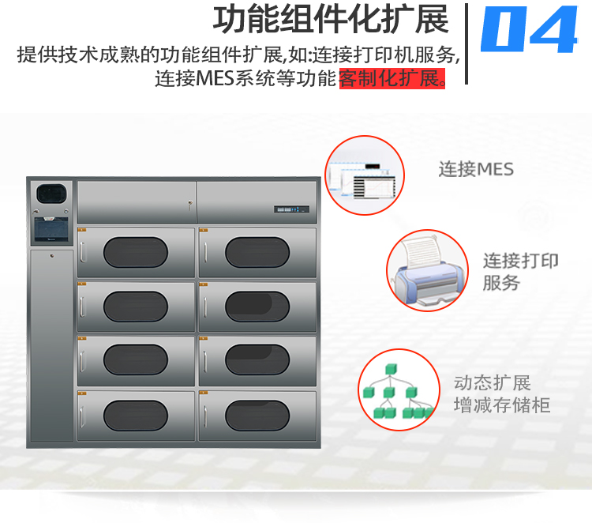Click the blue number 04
[x=530, y=28]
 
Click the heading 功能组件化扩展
[x=331, y=20]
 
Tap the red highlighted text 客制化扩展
[x=392, y=78]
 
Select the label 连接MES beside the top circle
[x=476, y=169]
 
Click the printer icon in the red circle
[x=427, y=270]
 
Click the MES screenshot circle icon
[x=365, y=175]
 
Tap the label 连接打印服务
[x=520, y=272]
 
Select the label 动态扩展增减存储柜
[x=501, y=393]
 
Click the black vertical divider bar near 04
[x=466, y=43]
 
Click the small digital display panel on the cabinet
[x=291, y=209]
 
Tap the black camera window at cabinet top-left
[x=51, y=194]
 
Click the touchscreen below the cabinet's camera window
[x=51, y=229]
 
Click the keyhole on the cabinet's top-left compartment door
[x=190, y=204]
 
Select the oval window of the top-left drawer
[x=136, y=252]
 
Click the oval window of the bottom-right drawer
[x=257, y=416]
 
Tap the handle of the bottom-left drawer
[x=82, y=416]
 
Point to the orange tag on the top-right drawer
[x=204, y=230]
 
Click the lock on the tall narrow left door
[x=52, y=256]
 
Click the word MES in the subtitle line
[x=215, y=78]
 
